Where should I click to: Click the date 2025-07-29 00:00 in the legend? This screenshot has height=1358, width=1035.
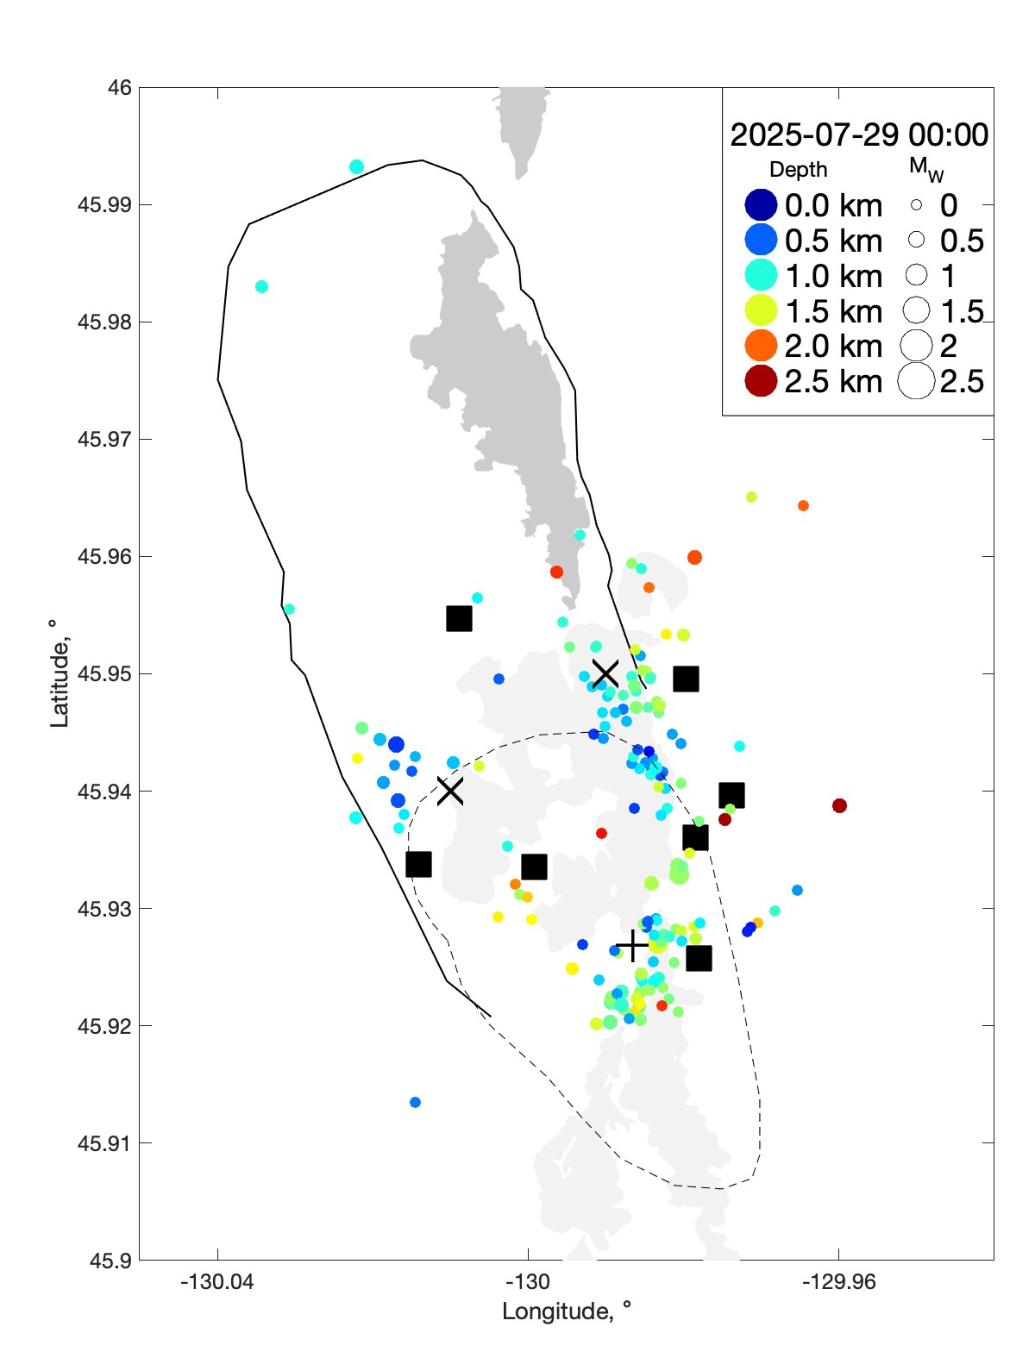point(859,135)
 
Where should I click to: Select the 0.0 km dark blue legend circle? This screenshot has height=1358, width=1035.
point(761,205)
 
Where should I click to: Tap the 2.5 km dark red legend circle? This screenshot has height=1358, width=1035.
point(761,381)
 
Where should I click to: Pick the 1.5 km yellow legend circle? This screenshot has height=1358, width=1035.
point(761,310)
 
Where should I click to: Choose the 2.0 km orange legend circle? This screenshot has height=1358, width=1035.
point(761,346)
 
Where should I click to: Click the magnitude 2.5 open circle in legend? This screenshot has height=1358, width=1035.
point(916,381)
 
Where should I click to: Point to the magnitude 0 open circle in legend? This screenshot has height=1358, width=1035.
point(916,205)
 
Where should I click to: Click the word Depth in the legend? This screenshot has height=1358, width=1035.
point(798,170)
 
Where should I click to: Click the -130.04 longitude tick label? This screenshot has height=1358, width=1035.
point(217,1282)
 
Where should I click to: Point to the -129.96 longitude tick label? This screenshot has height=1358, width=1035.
point(838,1282)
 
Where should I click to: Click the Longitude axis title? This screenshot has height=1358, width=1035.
point(567,1311)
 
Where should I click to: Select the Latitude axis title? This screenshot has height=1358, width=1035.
point(59,673)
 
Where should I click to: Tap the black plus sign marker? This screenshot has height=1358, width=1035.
point(633,946)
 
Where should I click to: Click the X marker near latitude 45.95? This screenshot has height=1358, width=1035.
point(605,673)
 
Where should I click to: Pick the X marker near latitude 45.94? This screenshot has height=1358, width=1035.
point(450,790)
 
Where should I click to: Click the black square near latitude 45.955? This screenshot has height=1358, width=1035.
point(459,618)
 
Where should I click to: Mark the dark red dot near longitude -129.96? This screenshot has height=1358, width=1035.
point(839,805)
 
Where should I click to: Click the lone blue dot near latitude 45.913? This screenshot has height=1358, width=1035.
point(415,1102)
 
